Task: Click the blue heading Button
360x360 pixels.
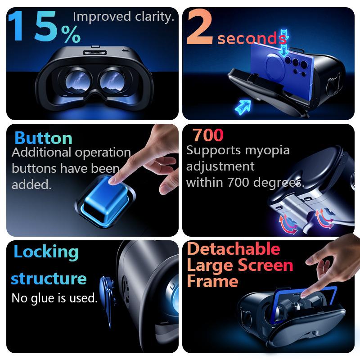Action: (x=43, y=138)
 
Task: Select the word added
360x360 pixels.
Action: (x=31, y=185)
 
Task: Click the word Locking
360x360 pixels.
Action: (x=46, y=252)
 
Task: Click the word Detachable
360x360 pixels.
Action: (x=233, y=249)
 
